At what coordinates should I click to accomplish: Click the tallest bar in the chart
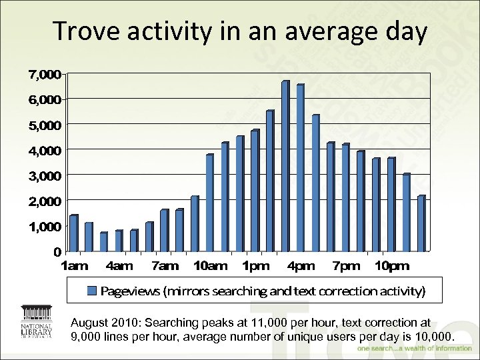(285, 166)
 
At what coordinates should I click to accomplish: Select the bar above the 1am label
(73, 233)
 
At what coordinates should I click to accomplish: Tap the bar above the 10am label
(209, 203)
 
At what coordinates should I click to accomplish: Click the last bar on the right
(421, 223)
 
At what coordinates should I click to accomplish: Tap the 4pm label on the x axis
(301, 266)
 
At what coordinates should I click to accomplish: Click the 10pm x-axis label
(391, 266)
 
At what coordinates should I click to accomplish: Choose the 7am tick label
(165, 266)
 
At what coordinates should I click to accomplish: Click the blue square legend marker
(93, 291)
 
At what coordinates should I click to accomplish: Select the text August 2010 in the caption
(105, 323)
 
